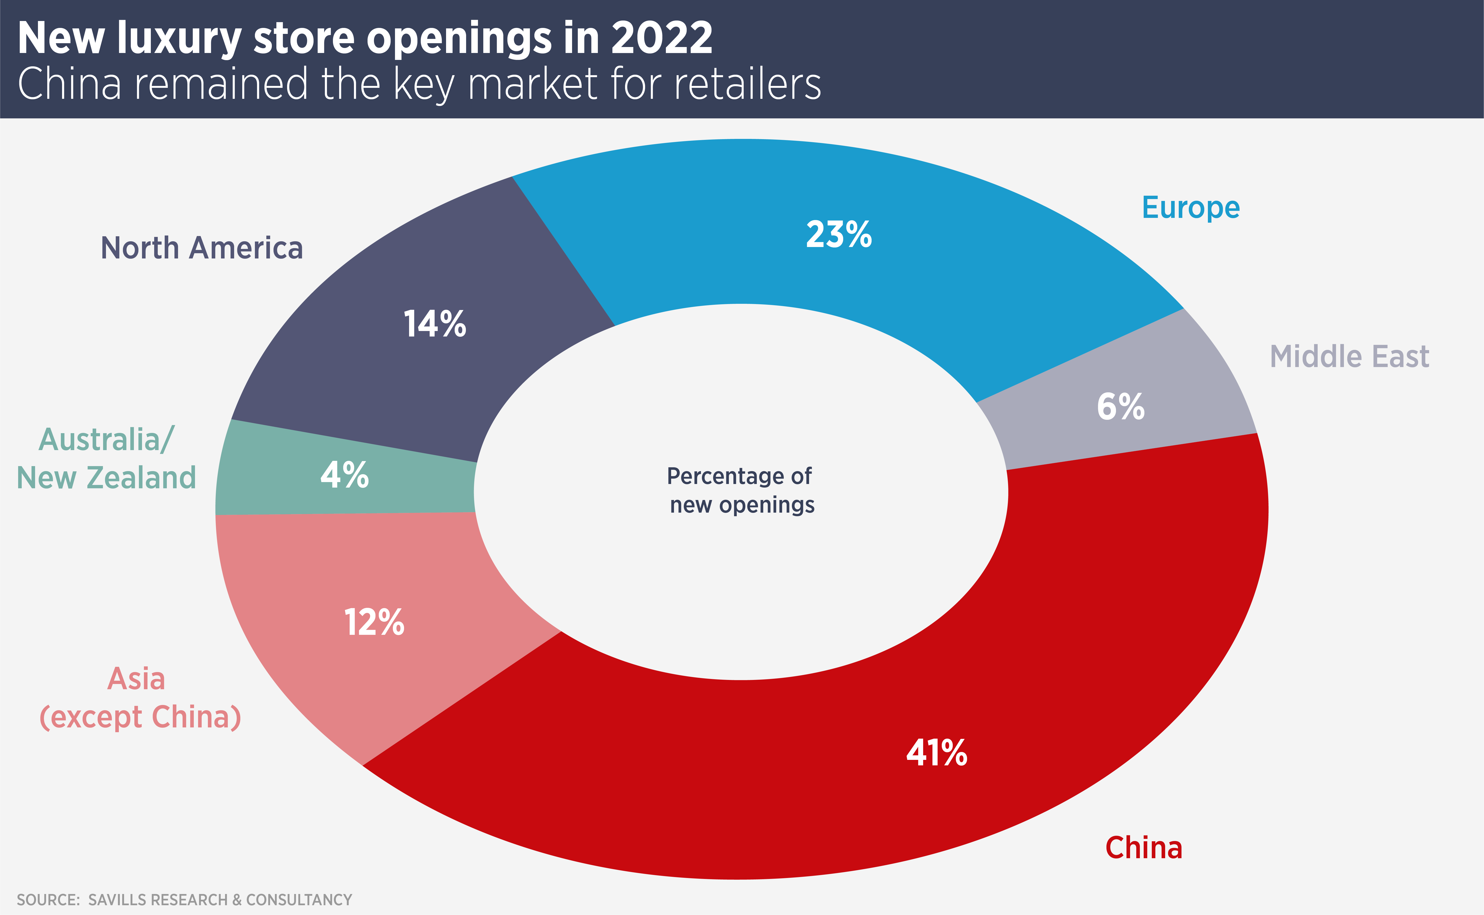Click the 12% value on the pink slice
point(374,623)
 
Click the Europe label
point(1190,208)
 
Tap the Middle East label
point(1349,357)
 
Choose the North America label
point(201,248)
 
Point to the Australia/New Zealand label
point(106,459)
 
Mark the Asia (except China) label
point(140,698)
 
